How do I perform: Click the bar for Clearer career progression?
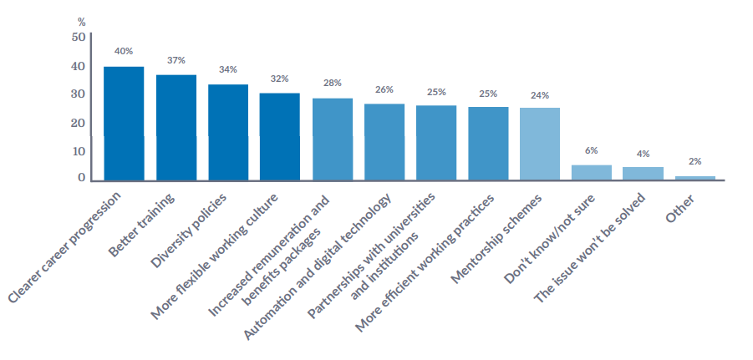[124, 123]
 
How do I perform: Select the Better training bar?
[176, 127]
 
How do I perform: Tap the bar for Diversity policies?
[227, 132]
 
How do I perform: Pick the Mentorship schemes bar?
[539, 143]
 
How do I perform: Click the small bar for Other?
[694, 177]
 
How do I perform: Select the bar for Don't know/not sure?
[591, 172]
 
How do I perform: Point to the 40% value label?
[124, 51]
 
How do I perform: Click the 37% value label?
[176, 60]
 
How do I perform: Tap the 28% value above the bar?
[332, 83]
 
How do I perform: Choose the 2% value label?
[694, 161]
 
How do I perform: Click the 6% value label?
[591, 150]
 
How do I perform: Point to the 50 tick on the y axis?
[79, 38]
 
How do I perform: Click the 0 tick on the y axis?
[82, 178]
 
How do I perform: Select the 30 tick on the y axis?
[79, 94]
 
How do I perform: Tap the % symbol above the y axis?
[81, 21]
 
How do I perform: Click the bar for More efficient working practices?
[488, 143]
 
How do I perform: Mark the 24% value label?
[539, 95]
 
